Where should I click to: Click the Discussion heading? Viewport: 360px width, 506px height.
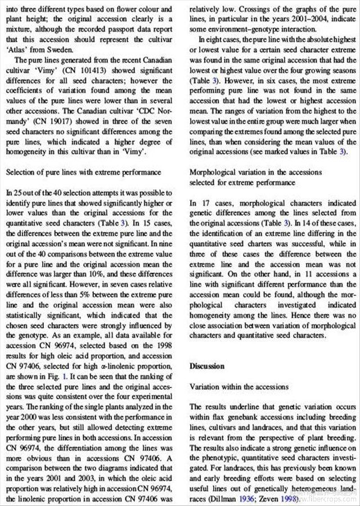click(x=208, y=366)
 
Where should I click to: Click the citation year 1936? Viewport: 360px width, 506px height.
click(x=247, y=498)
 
